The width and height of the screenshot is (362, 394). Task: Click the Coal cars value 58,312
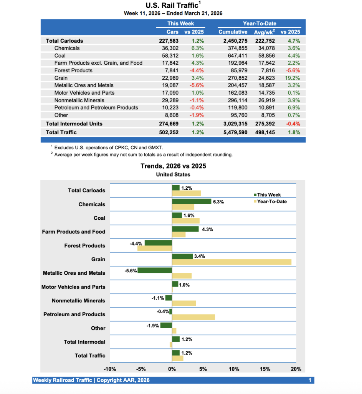click(x=169, y=55)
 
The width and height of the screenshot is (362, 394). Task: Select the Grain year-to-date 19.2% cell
click(x=293, y=78)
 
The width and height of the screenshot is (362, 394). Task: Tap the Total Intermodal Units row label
click(x=74, y=124)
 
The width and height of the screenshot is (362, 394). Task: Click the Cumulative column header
click(x=233, y=32)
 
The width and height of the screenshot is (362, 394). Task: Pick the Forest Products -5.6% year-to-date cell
click(x=293, y=70)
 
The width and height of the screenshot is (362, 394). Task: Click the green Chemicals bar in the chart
click(x=191, y=201)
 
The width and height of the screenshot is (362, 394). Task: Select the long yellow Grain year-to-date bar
click(x=231, y=262)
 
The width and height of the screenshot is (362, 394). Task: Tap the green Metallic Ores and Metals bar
click(x=154, y=270)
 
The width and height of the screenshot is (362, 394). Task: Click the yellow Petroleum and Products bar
click(x=193, y=317)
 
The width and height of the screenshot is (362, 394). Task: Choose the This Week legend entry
click(x=269, y=195)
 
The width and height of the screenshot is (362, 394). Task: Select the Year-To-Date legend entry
click(x=271, y=201)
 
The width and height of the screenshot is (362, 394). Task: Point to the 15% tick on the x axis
click(x=265, y=369)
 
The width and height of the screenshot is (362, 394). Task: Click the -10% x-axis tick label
click(x=110, y=369)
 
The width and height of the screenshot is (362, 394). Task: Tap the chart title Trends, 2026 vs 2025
click(x=173, y=166)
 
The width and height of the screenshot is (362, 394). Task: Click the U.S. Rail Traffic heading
click(x=173, y=5)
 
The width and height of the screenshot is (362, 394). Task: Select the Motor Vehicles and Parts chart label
click(x=73, y=287)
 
